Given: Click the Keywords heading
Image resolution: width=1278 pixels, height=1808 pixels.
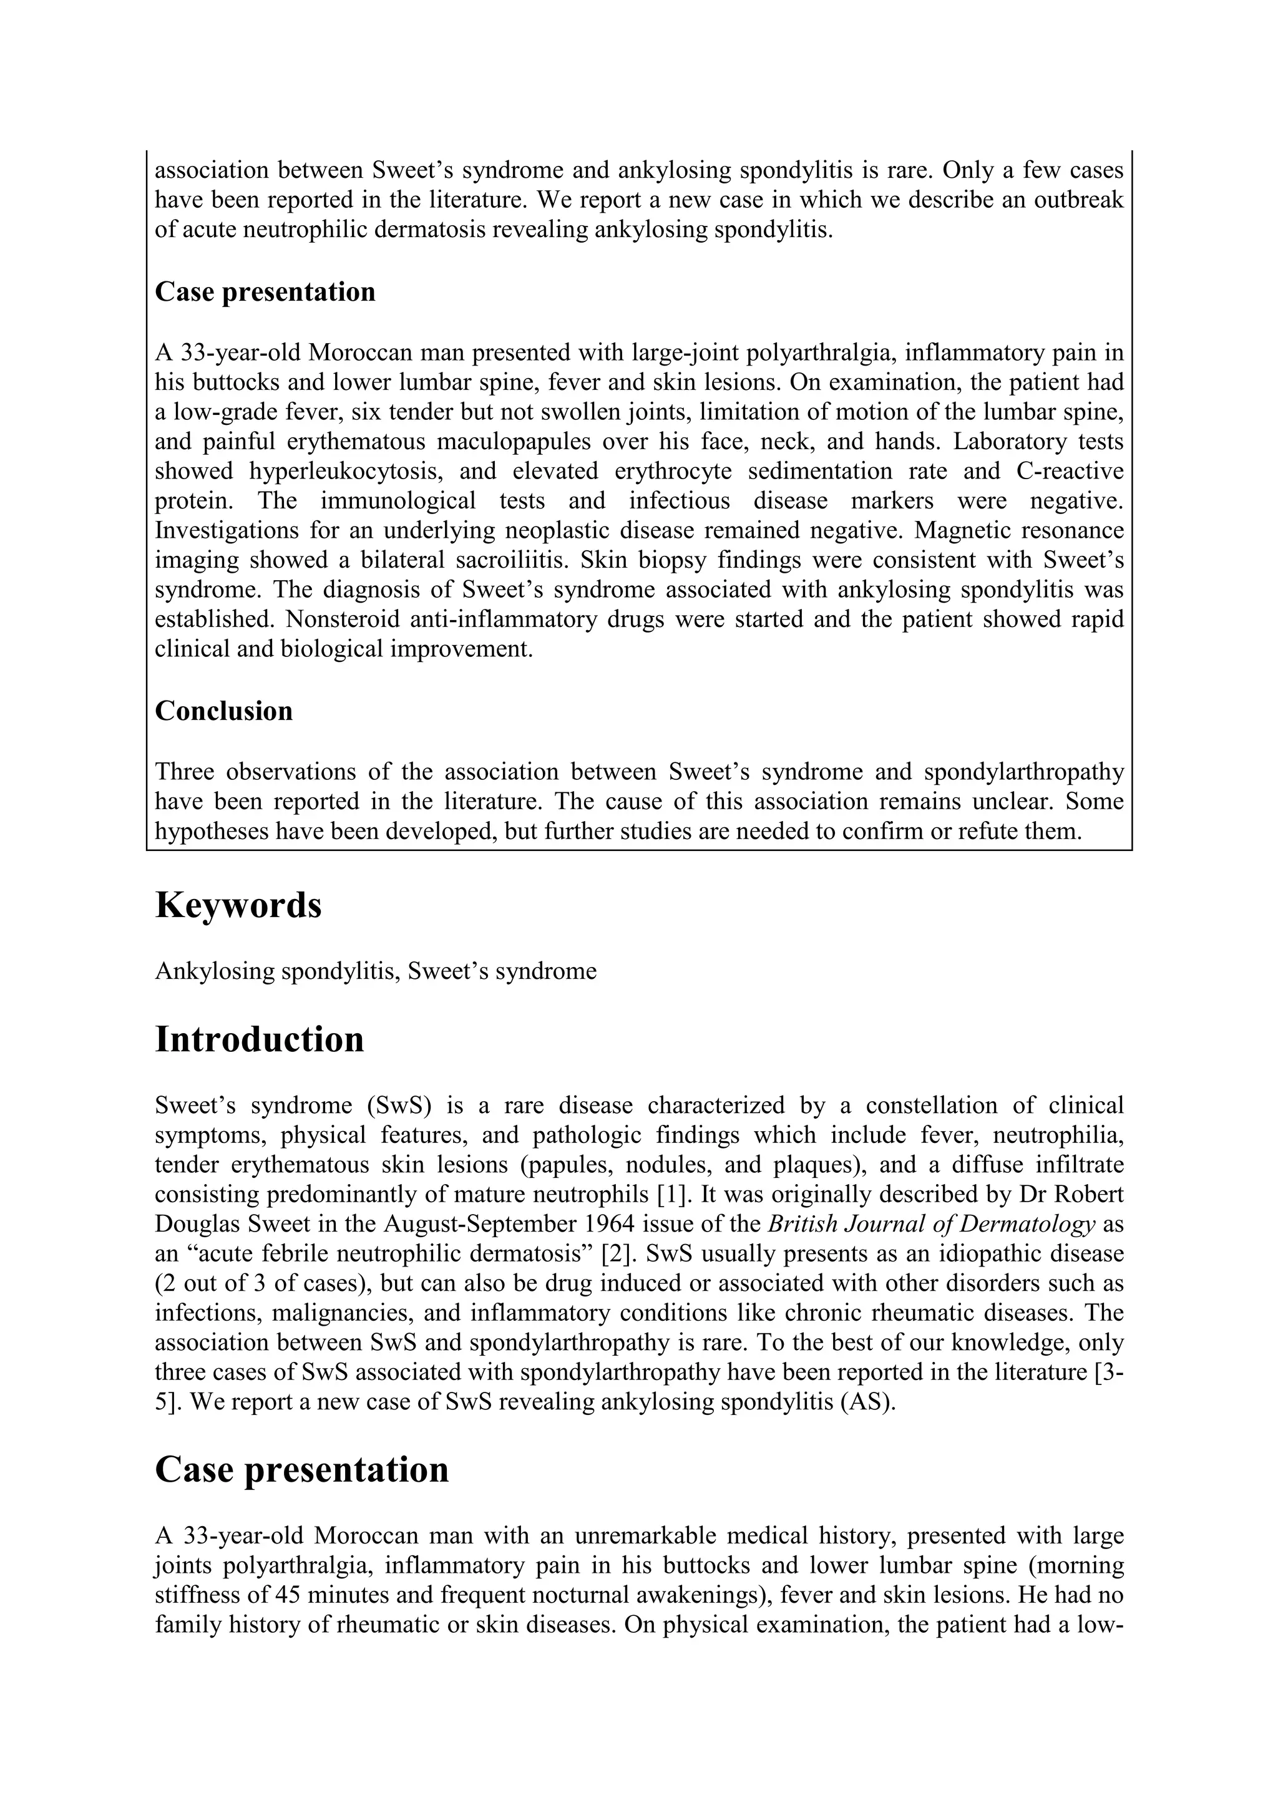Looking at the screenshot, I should (x=238, y=906).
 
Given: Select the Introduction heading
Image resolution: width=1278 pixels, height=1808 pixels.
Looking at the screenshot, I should (x=259, y=1039).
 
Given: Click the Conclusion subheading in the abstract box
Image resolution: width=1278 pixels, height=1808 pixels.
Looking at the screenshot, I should (x=223, y=711).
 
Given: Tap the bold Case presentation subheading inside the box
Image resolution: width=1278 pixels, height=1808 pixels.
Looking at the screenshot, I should (x=265, y=292).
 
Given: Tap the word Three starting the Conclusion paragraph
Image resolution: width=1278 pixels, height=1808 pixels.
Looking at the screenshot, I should (x=183, y=772).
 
